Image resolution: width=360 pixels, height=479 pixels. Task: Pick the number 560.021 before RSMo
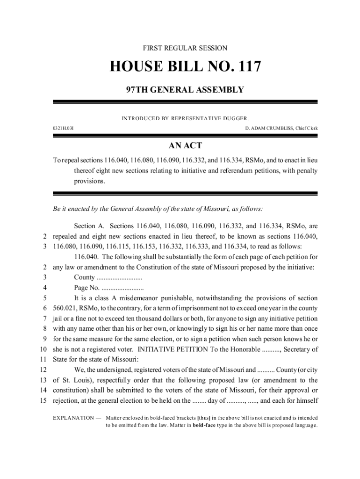pos(65,308)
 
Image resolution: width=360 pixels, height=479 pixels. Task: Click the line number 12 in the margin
pos(42,370)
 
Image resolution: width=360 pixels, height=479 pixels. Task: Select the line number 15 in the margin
pos(42,400)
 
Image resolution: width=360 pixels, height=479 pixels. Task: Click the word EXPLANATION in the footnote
pos(73,418)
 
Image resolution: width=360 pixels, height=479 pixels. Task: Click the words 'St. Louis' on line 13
pos(74,380)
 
